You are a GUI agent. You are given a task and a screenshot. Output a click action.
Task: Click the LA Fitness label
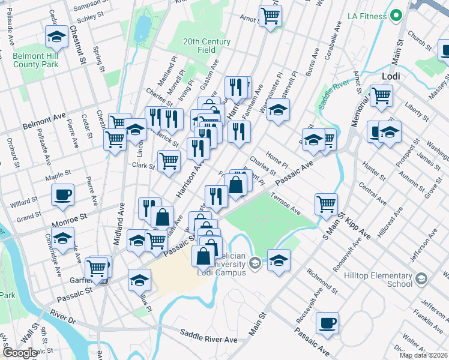tap(366, 16)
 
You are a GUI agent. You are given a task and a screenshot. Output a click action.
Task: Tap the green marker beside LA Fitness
tap(396, 16)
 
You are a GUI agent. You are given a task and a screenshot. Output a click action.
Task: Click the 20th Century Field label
tap(206, 46)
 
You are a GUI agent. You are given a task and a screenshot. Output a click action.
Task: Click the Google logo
tap(20, 353)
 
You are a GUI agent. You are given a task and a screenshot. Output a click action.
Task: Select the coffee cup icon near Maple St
tap(63, 195)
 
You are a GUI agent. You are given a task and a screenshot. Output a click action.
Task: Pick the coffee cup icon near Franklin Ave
tap(327, 323)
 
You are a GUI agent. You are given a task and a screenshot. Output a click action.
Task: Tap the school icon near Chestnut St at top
tap(56, 37)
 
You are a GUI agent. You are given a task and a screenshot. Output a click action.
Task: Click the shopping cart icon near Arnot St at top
tap(270, 16)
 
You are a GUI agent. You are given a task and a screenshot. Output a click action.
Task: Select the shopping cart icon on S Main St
tap(326, 204)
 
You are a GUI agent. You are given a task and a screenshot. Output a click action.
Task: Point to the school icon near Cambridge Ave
tap(62, 238)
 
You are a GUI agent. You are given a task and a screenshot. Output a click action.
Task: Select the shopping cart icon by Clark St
tap(169, 161)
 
